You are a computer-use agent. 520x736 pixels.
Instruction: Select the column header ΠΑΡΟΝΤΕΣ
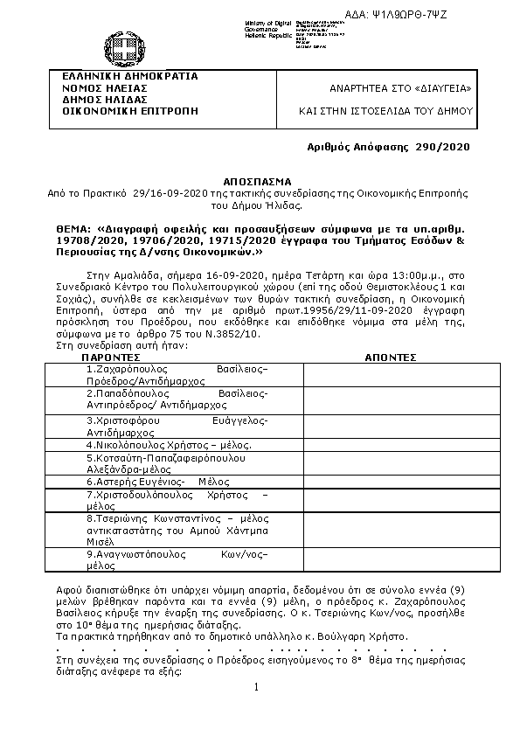[112, 358]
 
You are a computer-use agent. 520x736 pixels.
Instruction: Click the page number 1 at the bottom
[257, 687]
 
